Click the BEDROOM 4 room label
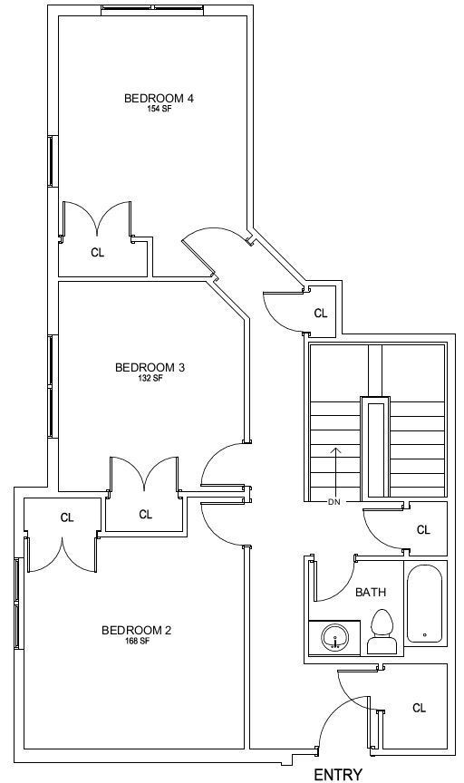pyautogui.click(x=159, y=98)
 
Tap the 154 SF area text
pyautogui.click(x=159, y=109)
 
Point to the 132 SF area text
pyautogui.click(x=150, y=379)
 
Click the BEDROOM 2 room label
pyautogui.click(x=136, y=630)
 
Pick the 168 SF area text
pyautogui.click(x=138, y=642)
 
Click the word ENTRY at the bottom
pyautogui.click(x=338, y=775)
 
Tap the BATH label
pyautogui.click(x=371, y=593)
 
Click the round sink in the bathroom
pyautogui.click(x=334, y=637)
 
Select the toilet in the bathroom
pyautogui.click(x=382, y=631)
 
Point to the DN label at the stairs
pyautogui.click(x=334, y=502)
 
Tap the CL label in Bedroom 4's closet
pyautogui.click(x=98, y=253)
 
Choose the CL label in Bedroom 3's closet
pyautogui.click(x=146, y=515)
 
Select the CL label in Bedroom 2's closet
pyautogui.click(x=67, y=517)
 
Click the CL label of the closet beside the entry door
pyautogui.click(x=420, y=708)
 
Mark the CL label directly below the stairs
pyautogui.click(x=423, y=530)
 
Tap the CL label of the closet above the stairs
pyautogui.click(x=321, y=314)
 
